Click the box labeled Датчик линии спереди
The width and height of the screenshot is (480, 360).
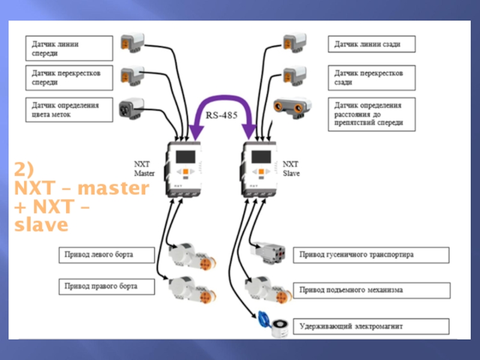tap(68, 49)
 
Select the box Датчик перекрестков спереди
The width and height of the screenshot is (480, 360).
tap(68, 77)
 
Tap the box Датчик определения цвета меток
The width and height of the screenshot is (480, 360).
tap(68, 110)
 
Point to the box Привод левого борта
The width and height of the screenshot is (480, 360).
tap(105, 255)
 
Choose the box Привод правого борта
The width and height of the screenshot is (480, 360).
tap(105, 286)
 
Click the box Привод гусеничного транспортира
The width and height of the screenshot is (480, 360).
tap(371, 255)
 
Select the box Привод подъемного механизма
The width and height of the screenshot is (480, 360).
tap(371, 290)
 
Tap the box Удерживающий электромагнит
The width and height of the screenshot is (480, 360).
tap(371, 326)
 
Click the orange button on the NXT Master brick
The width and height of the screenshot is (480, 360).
tap(187, 172)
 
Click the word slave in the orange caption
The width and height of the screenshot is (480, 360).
tap(42, 226)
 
